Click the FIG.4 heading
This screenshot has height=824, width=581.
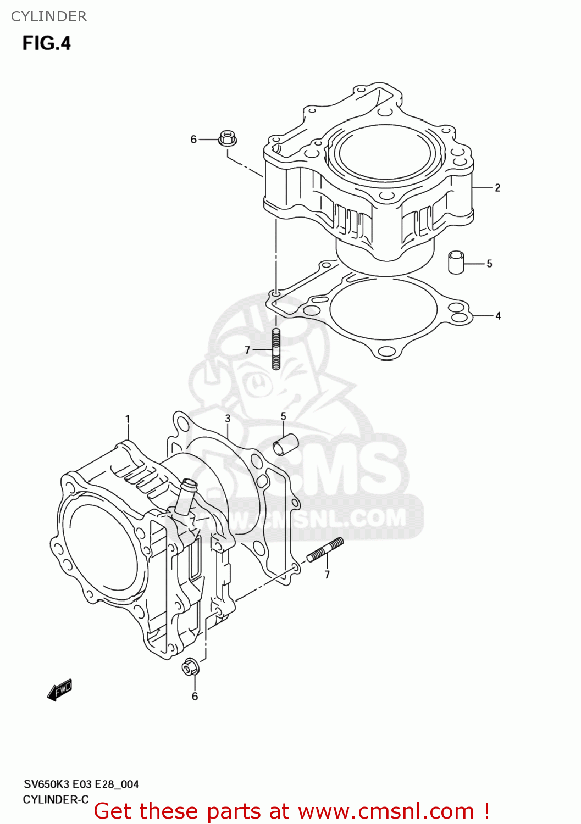pyautogui.click(x=47, y=43)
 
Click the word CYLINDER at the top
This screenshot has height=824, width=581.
pyautogui.click(x=49, y=16)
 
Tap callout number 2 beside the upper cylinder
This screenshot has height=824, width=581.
pyautogui.click(x=497, y=188)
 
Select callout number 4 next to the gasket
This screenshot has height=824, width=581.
pyautogui.click(x=498, y=316)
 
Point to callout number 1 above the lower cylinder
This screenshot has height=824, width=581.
pyautogui.click(x=128, y=419)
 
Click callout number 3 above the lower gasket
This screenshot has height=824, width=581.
pyautogui.click(x=228, y=419)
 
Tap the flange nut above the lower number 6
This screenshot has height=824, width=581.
pyautogui.click(x=190, y=667)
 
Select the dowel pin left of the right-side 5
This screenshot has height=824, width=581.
pyautogui.click(x=456, y=261)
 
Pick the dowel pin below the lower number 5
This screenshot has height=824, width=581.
pyautogui.click(x=286, y=444)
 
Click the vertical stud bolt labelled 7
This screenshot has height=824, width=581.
pyautogui.click(x=276, y=349)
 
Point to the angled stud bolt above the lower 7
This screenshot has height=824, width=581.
pyautogui.click(x=325, y=550)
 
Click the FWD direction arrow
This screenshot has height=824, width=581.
pyautogui.click(x=60, y=690)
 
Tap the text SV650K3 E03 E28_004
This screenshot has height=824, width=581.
pyautogui.click(x=81, y=784)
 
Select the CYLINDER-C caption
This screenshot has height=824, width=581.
pyautogui.click(x=56, y=799)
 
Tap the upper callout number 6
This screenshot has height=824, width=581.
pyautogui.click(x=193, y=140)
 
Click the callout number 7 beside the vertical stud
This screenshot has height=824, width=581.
pyautogui.click(x=247, y=350)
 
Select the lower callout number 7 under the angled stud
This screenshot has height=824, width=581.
pyautogui.click(x=327, y=575)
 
